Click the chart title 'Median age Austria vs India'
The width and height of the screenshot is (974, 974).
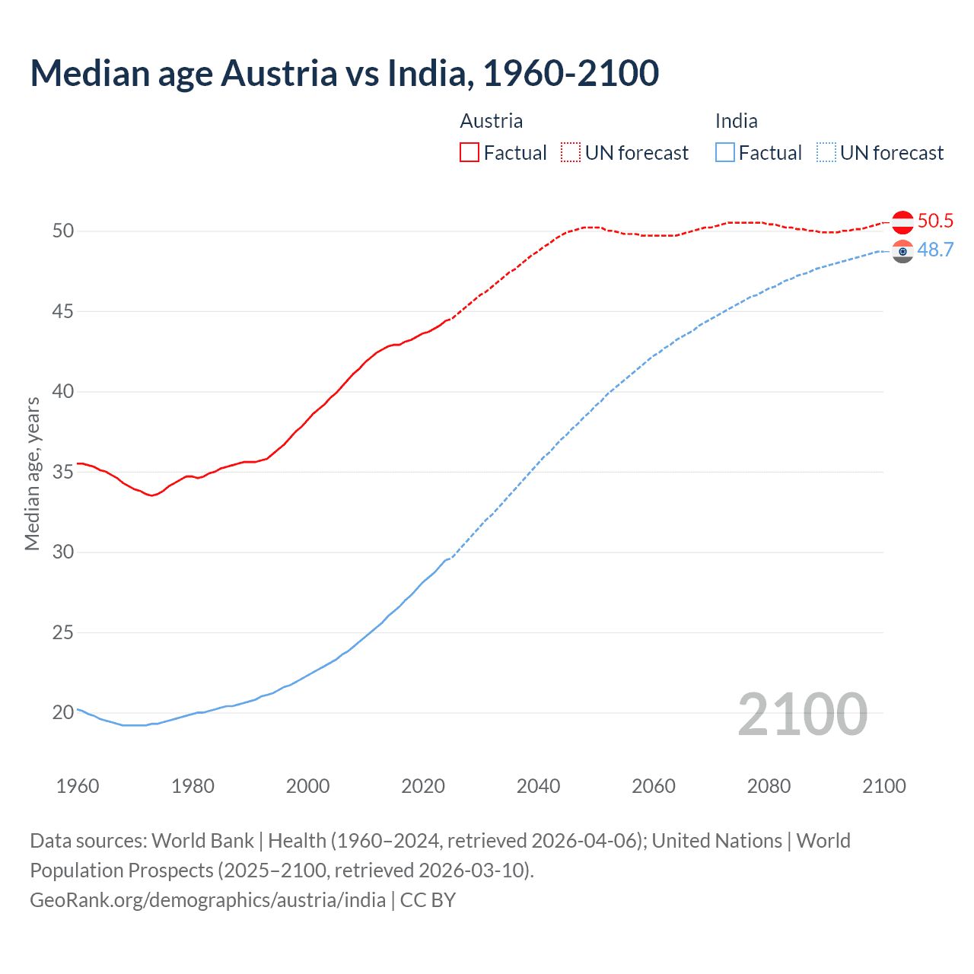point(344,74)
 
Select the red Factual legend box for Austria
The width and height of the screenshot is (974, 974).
point(469,152)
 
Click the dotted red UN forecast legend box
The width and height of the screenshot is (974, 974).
point(571,152)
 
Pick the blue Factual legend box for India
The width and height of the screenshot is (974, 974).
point(725,152)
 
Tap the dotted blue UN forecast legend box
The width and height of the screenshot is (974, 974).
point(826,152)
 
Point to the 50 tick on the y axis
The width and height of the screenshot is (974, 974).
point(63,231)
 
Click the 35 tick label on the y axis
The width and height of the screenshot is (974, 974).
point(63,472)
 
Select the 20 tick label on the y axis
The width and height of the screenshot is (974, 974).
point(63,713)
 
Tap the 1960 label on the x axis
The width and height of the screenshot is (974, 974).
point(78,786)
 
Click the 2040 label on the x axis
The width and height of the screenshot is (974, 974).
point(538,786)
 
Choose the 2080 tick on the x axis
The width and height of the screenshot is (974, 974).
point(769,786)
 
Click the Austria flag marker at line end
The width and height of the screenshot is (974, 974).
point(902,222)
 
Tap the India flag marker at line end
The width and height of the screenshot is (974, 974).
point(902,251)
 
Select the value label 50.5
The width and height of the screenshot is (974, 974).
point(935,221)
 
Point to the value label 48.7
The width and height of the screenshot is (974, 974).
point(935,250)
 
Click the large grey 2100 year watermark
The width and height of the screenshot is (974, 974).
point(802,714)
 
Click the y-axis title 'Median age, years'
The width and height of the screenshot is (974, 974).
point(32,473)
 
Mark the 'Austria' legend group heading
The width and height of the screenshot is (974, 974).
point(492,121)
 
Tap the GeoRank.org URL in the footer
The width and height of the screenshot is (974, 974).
point(208,900)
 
